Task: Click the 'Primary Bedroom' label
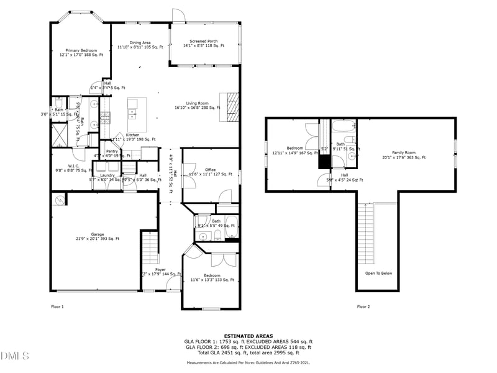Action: [x=81, y=50]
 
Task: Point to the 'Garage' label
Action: [x=98, y=234]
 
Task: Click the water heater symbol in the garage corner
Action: [x=60, y=200]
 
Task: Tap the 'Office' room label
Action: [x=211, y=169]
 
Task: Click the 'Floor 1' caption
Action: [x=57, y=306]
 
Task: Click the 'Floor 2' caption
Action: [x=363, y=306]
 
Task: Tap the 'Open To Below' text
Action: [x=378, y=273]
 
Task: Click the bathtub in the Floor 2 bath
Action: [x=342, y=127]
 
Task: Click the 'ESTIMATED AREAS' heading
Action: [x=248, y=336]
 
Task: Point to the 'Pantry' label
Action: [x=112, y=151]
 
